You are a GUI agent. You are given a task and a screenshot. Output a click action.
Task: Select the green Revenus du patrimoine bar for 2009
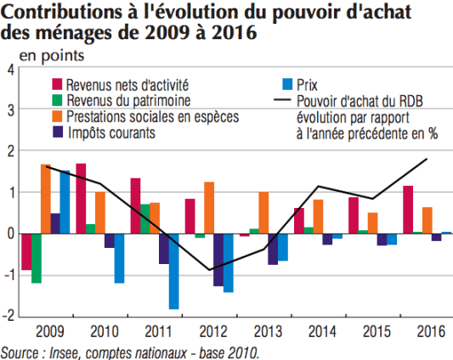click(37, 258)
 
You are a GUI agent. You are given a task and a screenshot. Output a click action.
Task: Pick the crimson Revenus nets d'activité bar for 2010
click(81, 198)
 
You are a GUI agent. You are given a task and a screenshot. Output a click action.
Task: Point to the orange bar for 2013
click(263, 212)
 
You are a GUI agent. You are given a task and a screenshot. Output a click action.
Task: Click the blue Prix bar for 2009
click(65, 202)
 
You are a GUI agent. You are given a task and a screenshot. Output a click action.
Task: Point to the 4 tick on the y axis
click(9, 70)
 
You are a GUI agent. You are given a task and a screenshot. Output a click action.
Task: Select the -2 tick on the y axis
click(8, 316)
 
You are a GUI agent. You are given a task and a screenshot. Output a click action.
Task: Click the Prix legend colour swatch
click(287, 84)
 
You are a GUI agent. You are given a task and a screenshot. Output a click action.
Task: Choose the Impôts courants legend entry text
click(110, 132)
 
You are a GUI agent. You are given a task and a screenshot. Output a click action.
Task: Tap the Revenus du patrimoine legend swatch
click(57, 100)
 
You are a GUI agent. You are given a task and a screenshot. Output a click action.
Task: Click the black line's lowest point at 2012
click(210, 270)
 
